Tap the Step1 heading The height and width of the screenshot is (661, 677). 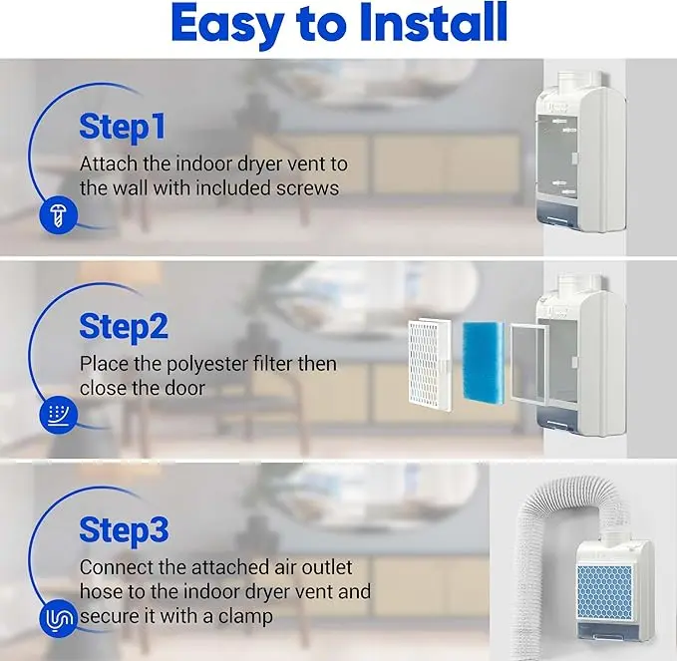(x=123, y=127)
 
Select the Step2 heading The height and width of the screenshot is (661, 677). (x=124, y=327)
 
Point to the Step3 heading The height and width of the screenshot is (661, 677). (x=124, y=530)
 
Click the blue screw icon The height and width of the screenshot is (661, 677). (x=58, y=215)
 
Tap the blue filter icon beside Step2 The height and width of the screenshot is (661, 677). (x=58, y=414)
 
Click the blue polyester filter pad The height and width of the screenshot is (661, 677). (x=484, y=361)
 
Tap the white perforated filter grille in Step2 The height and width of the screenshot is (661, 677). (x=430, y=365)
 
